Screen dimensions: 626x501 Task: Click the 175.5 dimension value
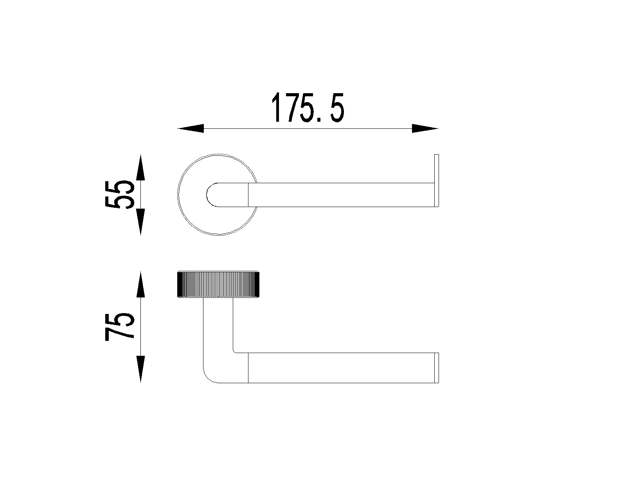coord(308,107)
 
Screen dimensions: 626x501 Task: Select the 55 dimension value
coord(120,195)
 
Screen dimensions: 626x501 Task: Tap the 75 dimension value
coord(120,327)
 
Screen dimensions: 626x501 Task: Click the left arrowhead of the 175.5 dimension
coord(191,128)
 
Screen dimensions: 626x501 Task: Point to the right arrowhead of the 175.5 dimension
coord(425,128)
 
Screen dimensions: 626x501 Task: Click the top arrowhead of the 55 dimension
coord(140,168)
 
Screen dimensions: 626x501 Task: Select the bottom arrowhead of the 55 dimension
coord(140,222)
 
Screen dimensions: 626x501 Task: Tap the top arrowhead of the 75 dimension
coord(140,285)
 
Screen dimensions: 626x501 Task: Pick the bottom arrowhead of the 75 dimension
coord(140,369)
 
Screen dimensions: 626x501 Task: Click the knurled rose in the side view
coord(218,285)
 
